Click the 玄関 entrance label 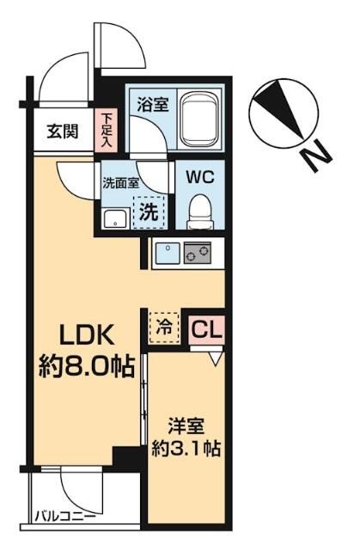pos(63,131)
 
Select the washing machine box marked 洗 pos(149,209)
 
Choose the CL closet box pos(206,328)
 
